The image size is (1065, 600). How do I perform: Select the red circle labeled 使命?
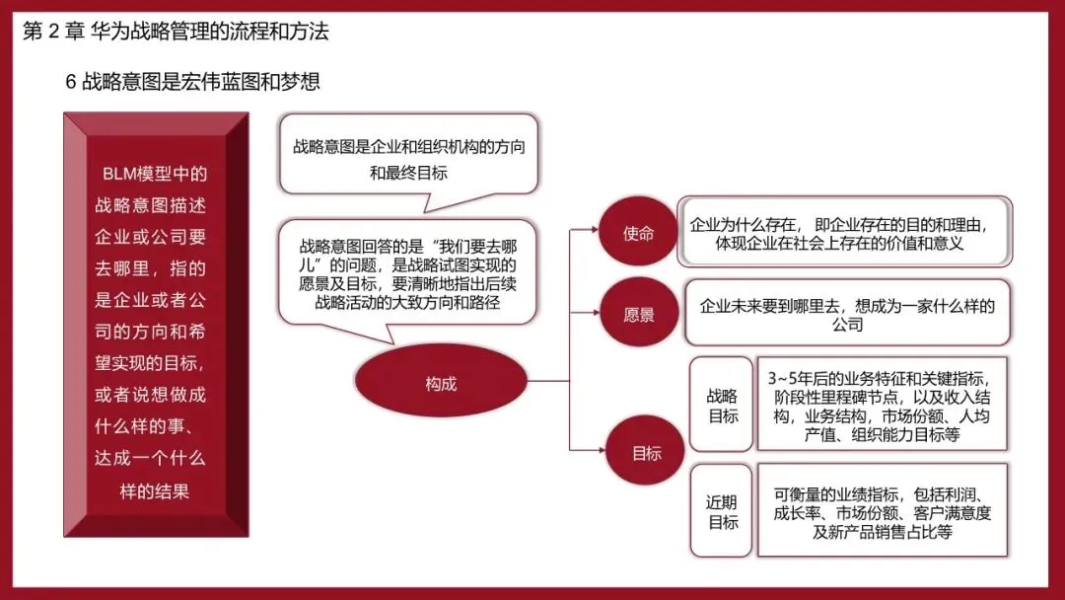coord(638,232)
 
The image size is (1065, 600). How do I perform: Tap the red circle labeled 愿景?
coord(638,313)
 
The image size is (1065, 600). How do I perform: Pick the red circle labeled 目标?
coord(645,451)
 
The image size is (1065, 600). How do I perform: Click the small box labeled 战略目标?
coord(721,405)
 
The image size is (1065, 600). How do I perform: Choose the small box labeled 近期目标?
coord(721,511)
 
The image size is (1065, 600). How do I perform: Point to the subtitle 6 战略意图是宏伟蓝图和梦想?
coord(192,82)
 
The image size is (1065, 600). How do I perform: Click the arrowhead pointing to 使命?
coord(595,230)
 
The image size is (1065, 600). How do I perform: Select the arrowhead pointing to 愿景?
coord(596,313)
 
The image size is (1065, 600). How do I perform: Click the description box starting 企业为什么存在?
coord(844,232)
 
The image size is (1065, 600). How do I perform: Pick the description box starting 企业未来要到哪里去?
coord(847,313)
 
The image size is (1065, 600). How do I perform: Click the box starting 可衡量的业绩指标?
coord(883,510)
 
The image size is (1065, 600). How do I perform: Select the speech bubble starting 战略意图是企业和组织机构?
coord(409,158)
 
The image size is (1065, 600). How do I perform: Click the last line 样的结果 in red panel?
coord(154,490)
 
